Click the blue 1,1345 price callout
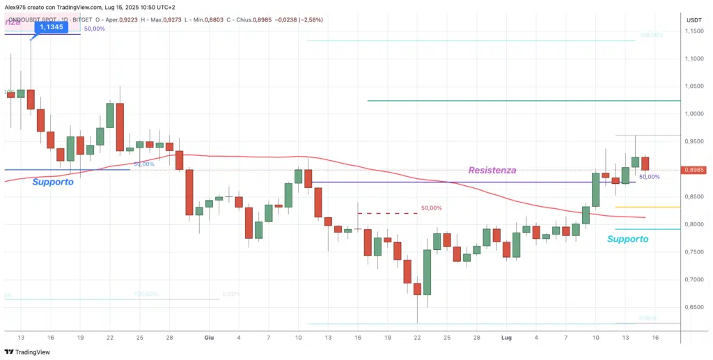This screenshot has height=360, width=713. click(52, 26)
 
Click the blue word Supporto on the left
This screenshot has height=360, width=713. click(53, 182)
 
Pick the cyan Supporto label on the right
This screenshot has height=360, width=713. click(627, 239)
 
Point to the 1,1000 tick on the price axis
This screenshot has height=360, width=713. click(694, 58)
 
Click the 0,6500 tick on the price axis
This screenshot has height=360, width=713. click(694, 307)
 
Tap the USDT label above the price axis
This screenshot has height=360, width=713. click(694, 20)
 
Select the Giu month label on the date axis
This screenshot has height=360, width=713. click(209, 337)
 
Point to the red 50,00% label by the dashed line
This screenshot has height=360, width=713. click(431, 208)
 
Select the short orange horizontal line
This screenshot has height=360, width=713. click(648, 207)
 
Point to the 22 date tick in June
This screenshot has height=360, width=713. click(417, 337)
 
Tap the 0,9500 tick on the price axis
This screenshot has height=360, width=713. click(694, 141)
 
